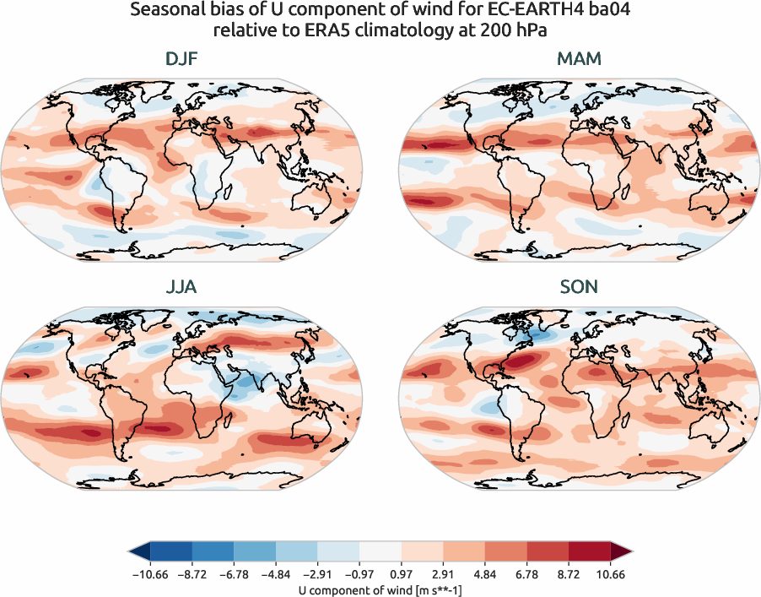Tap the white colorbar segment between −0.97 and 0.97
tap(380, 552)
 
